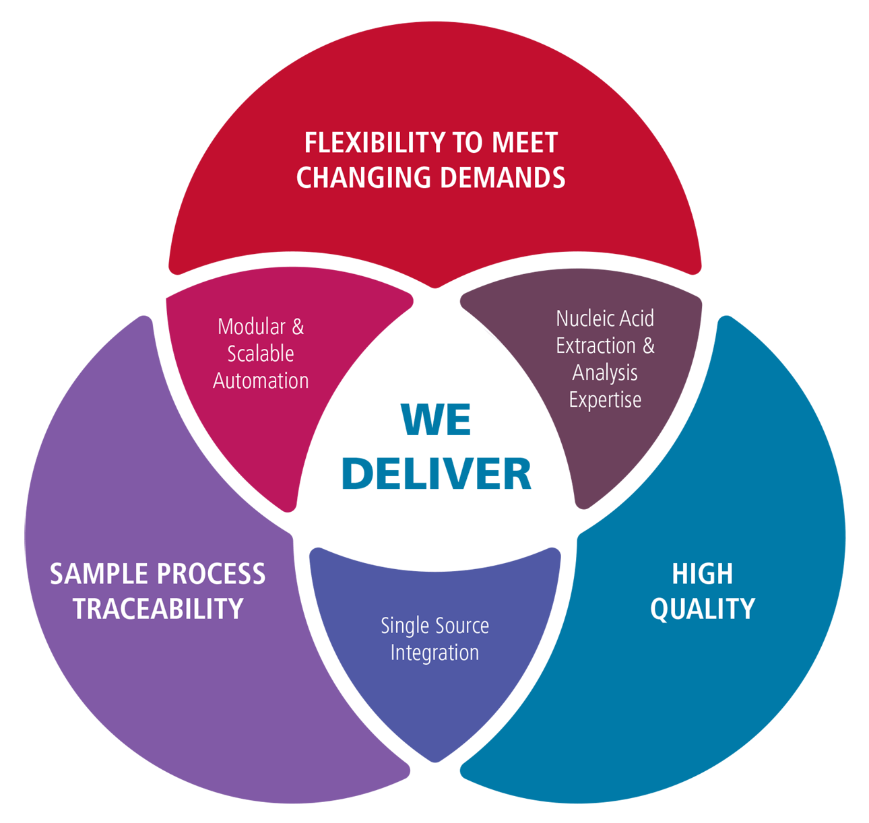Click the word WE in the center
tap(436, 420)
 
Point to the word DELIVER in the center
tap(437, 473)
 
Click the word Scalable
tap(261, 354)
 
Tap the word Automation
tap(261, 381)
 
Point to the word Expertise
tap(605, 399)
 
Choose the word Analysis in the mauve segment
tap(605, 372)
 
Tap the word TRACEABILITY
tap(158, 609)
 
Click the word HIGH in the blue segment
tap(702, 574)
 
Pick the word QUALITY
tap(702, 609)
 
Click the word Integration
tap(434, 653)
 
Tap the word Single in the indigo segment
tap(404, 626)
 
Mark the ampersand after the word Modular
tap(297, 327)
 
